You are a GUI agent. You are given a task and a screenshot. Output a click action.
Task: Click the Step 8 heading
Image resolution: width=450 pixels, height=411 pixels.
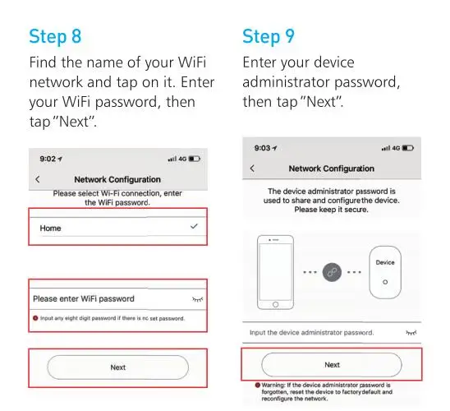55,37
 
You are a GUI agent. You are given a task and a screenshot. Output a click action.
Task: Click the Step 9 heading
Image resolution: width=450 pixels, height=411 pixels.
269,37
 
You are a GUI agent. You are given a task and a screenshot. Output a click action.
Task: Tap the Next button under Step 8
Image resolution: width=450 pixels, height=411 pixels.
118,367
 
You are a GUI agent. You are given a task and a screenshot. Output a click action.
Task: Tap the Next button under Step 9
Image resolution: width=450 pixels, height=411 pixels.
332,365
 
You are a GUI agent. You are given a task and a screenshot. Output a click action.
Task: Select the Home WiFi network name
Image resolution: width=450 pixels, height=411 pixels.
51,229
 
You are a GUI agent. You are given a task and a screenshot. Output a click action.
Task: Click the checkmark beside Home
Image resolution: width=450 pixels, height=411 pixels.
194,226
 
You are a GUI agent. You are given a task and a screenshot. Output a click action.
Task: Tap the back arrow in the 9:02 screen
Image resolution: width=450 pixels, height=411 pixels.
38,179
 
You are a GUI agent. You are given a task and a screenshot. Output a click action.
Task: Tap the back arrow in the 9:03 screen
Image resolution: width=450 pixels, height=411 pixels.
252,169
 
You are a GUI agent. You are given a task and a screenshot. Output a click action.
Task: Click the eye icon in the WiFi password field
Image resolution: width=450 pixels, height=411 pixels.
197,299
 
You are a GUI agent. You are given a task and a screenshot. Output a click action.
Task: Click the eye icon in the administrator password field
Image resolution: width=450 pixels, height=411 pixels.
411,333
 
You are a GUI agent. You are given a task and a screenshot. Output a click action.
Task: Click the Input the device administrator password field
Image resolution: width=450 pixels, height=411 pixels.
312,333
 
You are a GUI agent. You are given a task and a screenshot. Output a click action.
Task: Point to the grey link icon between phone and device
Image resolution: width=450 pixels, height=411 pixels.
332,272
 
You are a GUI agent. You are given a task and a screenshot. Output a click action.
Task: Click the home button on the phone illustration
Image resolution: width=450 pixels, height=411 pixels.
276,304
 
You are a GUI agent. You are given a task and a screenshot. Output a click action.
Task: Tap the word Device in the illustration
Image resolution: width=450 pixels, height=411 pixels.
385,262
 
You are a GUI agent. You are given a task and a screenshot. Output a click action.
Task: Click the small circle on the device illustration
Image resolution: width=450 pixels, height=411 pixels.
385,282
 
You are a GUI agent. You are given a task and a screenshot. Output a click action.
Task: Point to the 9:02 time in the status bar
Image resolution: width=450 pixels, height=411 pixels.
48,159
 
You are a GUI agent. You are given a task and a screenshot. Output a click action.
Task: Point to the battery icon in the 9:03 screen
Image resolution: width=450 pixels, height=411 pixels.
408,148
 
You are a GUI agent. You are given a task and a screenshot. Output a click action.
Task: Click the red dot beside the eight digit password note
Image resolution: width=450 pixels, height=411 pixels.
35,318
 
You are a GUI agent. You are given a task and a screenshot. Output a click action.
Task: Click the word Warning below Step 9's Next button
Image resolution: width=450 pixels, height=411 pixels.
273,386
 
